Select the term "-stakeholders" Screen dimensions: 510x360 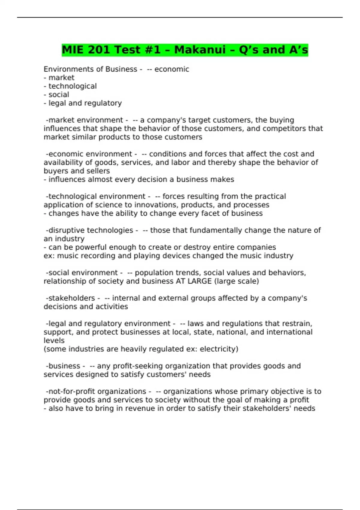(x=70, y=298)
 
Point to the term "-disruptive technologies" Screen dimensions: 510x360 (x=89, y=230)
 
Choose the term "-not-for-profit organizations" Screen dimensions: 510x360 (x=96, y=391)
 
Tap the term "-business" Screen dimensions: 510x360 (x=63, y=366)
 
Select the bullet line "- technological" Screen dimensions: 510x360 (x=70, y=86)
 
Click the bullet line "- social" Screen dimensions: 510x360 (x=56, y=94)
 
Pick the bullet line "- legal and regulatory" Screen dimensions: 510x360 (x=83, y=103)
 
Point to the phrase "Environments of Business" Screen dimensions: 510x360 (x=90, y=69)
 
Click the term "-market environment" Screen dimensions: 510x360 (x=84, y=120)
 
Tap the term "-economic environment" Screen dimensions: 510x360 (x=89, y=154)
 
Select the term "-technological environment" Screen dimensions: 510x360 (x=95, y=196)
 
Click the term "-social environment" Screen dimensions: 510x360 (x=82, y=272)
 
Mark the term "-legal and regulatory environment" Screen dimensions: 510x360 (x=108, y=323)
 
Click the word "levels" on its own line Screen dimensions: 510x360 (x=54, y=340)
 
